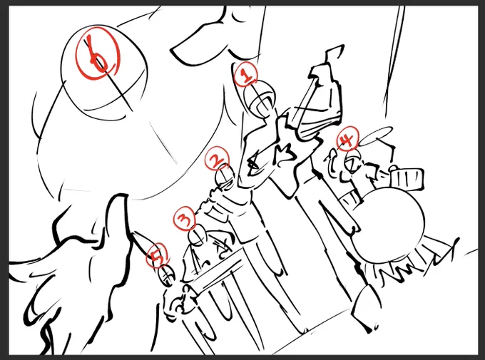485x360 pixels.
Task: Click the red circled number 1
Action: click(x=245, y=74)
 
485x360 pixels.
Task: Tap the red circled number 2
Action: click(x=217, y=158)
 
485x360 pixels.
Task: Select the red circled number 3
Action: click(x=185, y=219)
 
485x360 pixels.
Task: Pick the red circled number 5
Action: click(x=158, y=255)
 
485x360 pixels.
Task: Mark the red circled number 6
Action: click(x=98, y=53)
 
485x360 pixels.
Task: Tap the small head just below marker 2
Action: click(x=226, y=178)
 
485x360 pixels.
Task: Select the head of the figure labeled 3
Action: click(x=198, y=236)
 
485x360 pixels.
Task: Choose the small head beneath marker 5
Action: click(x=167, y=276)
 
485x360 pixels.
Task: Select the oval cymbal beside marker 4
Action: click(x=375, y=135)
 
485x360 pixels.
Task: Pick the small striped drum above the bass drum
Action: click(x=406, y=180)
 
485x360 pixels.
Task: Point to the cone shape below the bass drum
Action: click(x=367, y=307)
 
